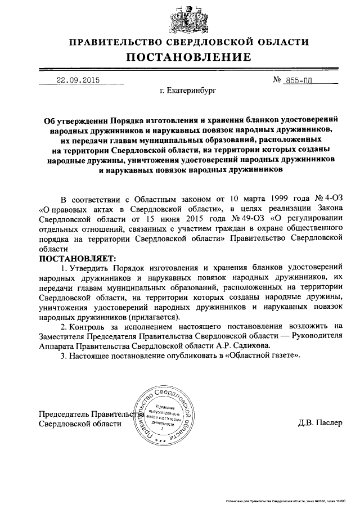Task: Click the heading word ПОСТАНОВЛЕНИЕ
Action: point(188,57)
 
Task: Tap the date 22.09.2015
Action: point(78,80)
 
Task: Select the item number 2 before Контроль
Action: point(62,326)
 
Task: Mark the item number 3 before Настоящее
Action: point(62,356)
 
